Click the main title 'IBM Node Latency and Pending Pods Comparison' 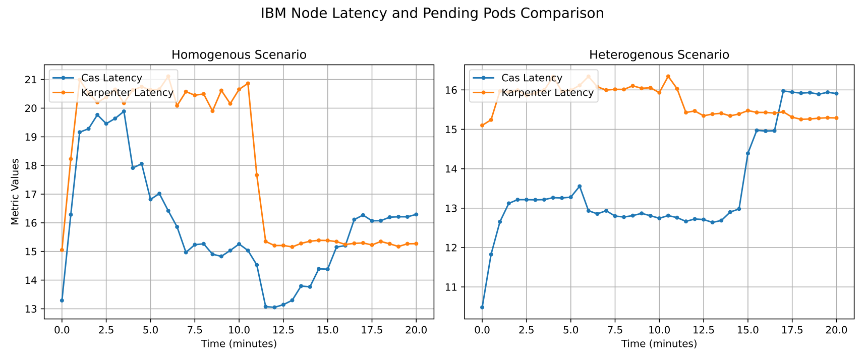(x=432, y=14)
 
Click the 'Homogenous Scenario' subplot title (x=239, y=55)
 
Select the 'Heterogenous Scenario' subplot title (x=659, y=55)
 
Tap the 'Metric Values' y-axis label (x=15, y=192)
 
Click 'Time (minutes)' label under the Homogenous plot (x=239, y=344)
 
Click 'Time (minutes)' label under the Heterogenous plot (x=659, y=344)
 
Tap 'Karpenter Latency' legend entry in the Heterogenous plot (x=547, y=93)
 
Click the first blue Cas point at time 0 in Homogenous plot (x=62, y=301)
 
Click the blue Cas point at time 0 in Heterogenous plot (x=482, y=307)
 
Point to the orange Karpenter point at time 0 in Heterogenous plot (x=482, y=126)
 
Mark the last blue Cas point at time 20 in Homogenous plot (x=416, y=214)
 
